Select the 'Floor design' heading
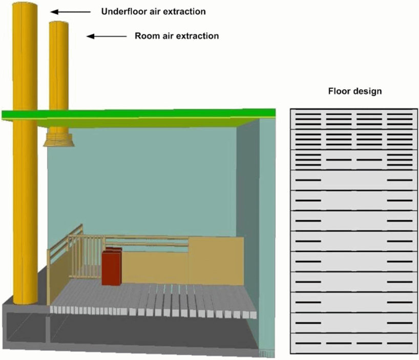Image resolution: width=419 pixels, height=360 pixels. point(355,91)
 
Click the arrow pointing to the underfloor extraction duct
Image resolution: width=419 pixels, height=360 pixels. point(71,12)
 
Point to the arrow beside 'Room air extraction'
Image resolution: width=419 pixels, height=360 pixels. point(107,36)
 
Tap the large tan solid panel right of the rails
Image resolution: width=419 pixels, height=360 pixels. point(216,261)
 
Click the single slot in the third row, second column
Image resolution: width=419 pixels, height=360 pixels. point(339,160)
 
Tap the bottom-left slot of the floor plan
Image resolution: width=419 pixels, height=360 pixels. point(308,343)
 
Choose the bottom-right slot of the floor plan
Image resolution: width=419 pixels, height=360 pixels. point(400,343)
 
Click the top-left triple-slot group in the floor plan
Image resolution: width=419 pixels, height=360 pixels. point(308,119)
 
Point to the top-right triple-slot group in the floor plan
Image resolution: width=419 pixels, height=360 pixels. point(400,119)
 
